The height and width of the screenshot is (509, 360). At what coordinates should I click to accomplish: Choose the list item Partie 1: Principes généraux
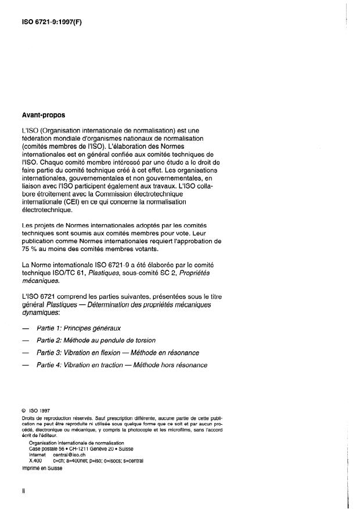(x=89, y=328)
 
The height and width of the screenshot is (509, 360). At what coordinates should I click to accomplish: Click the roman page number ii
(x=24, y=490)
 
